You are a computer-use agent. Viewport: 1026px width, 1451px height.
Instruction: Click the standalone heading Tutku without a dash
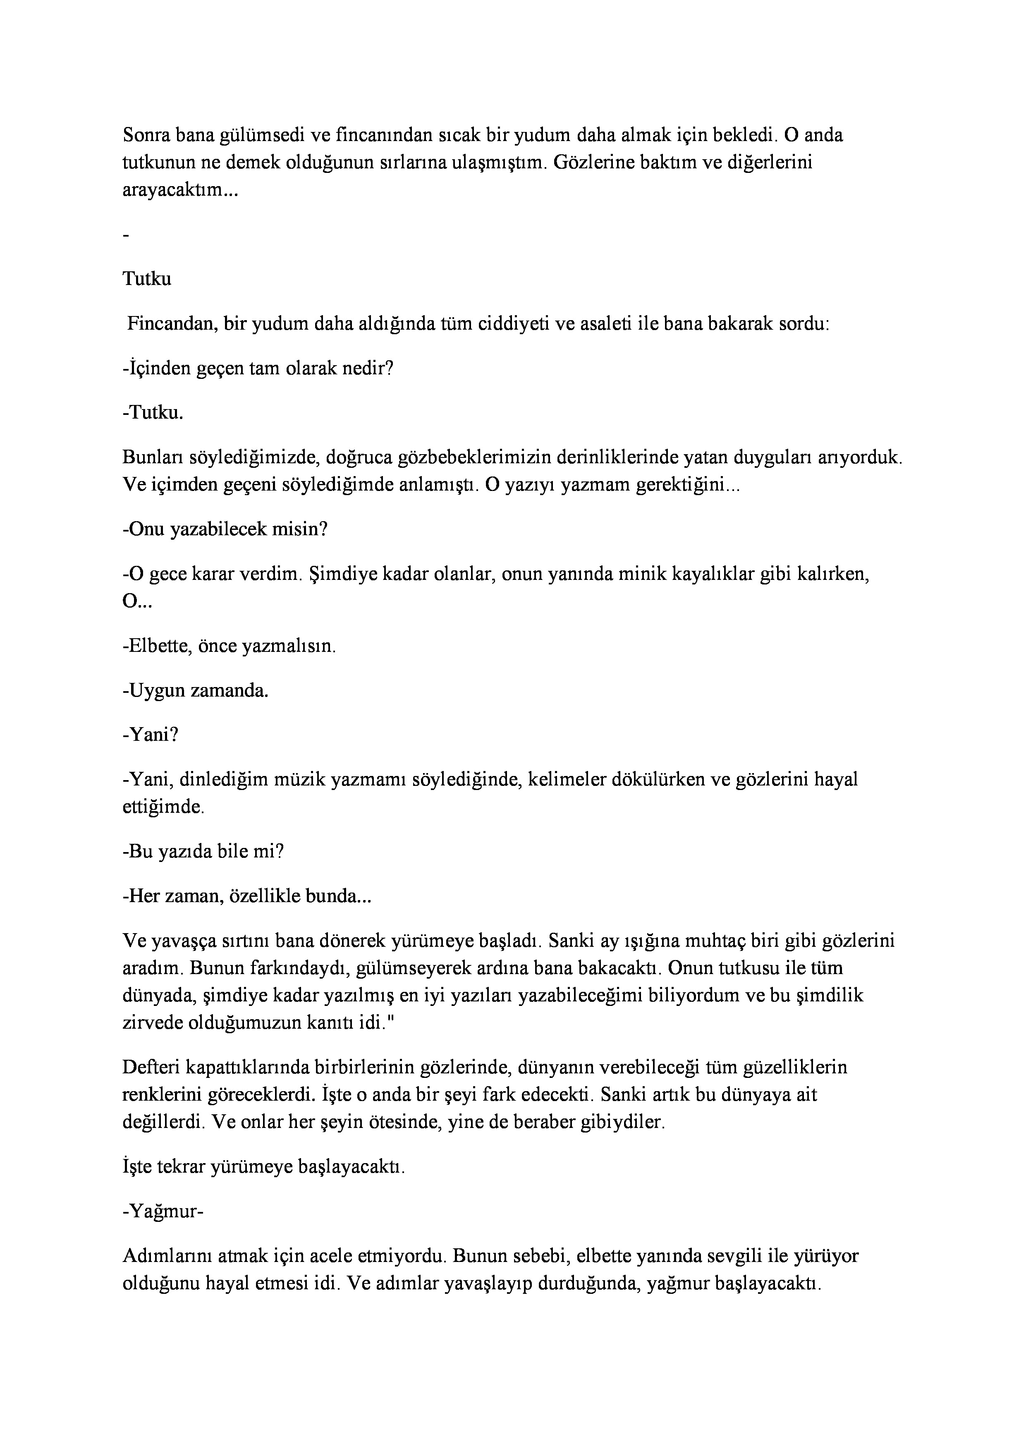coord(146,279)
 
